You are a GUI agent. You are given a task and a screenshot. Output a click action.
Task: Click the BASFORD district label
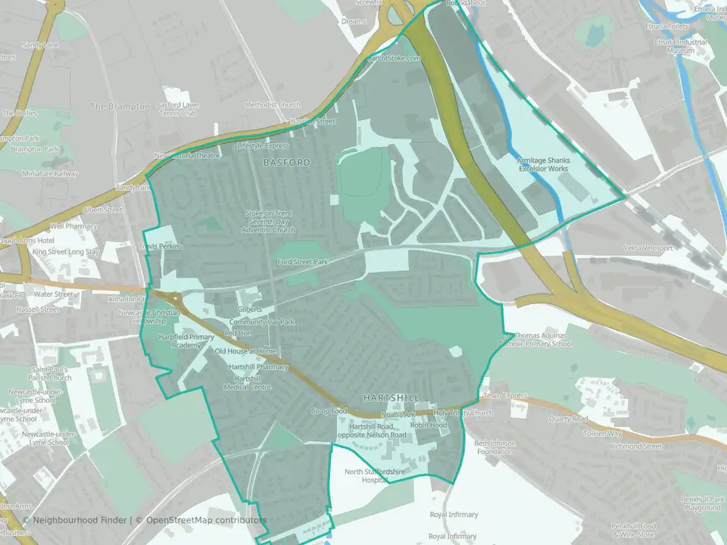click(287, 163)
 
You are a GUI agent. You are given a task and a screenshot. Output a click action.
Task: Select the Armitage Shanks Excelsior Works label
click(543, 165)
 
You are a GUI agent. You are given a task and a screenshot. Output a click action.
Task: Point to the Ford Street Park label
click(302, 262)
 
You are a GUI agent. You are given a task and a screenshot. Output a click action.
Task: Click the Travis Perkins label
click(161, 248)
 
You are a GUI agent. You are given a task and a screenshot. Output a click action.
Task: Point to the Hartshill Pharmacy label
click(258, 367)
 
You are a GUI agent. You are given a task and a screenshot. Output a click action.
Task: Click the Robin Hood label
click(428, 425)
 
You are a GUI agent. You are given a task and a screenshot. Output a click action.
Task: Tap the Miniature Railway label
click(50, 174)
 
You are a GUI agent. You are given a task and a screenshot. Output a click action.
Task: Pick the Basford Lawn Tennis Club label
click(176, 109)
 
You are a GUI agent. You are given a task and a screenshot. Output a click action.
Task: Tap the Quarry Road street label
click(569, 419)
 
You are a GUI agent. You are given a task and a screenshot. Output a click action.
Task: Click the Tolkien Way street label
click(602, 434)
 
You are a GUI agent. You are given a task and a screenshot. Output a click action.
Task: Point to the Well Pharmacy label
click(73, 226)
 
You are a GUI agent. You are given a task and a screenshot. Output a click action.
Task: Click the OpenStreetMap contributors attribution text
click(206, 521)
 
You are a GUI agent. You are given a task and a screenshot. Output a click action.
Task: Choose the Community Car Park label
click(262, 322)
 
